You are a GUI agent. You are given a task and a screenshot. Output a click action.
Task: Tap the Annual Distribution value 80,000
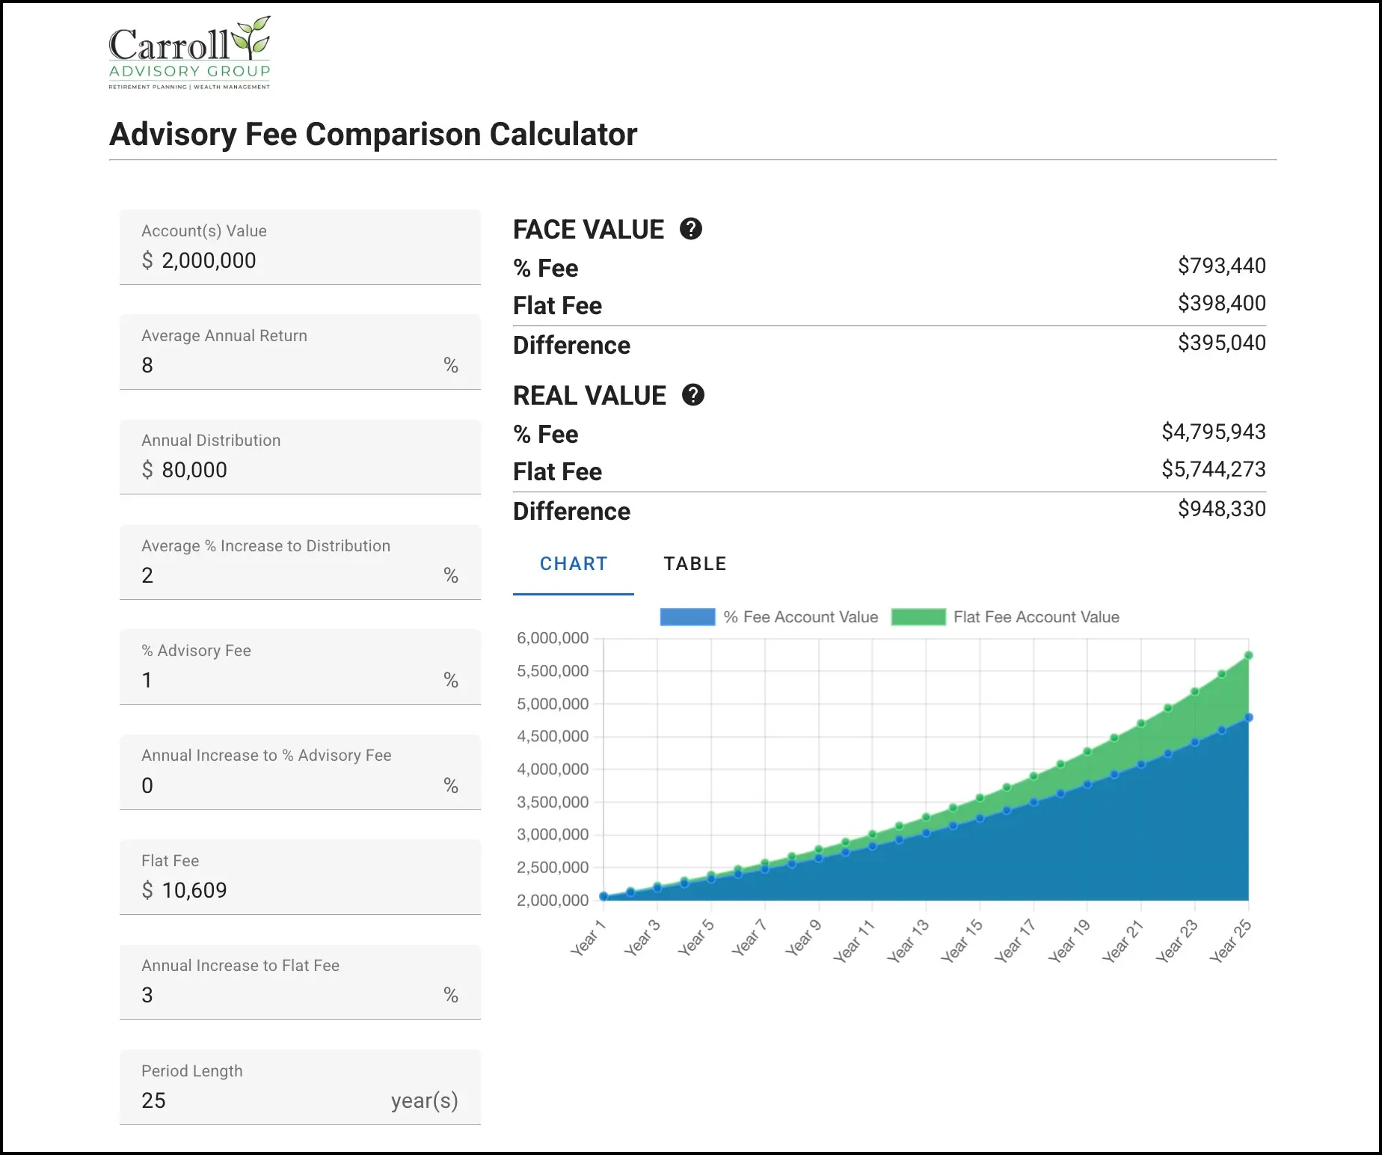tap(194, 470)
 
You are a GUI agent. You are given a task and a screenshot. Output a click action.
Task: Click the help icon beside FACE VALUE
tap(691, 229)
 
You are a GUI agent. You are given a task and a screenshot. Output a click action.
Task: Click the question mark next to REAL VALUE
tap(693, 395)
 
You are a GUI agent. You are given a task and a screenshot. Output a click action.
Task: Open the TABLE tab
tap(695, 564)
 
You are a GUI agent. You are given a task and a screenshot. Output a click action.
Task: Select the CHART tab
tap(574, 564)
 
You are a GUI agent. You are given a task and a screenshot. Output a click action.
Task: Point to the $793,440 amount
tap(1221, 266)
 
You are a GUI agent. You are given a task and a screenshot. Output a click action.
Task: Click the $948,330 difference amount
tap(1221, 509)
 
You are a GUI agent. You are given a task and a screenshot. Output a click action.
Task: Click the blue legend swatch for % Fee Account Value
tap(687, 617)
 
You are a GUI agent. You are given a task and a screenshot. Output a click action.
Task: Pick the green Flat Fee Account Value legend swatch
tap(918, 617)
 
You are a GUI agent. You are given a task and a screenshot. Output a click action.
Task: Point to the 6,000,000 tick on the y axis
tap(553, 638)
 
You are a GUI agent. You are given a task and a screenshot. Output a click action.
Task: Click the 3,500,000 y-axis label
tap(553, 802)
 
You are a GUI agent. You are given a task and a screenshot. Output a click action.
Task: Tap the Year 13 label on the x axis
tap(909, 941)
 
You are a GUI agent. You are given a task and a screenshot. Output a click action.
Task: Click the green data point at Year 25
tap(1248, 656)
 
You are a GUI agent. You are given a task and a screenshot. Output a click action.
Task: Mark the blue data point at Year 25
tap(1248, 717)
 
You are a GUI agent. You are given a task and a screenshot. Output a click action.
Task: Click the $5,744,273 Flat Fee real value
tap(1213, 469)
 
